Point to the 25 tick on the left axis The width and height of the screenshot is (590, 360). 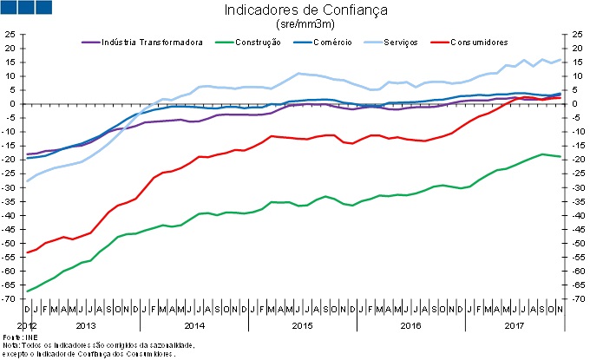pos(10,35)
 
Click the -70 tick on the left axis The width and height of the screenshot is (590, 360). pos(9,298)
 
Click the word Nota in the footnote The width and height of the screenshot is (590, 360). pos(12,344)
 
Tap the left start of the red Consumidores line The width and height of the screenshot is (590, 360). pos(28,252)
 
